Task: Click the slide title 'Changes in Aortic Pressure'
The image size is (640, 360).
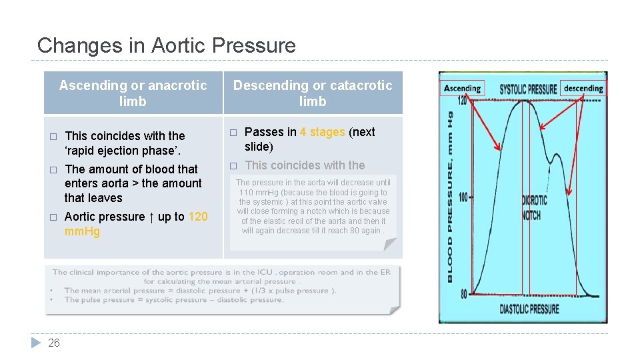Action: coord(166,45)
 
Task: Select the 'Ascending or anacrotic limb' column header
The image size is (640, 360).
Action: coord(133,93)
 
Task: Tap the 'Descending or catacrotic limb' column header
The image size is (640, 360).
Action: coord(313,93)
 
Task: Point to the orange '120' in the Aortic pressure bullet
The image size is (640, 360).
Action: coord(198,217)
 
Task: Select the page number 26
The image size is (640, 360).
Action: coord(54,343)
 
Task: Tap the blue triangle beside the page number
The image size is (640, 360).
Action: coord(37,343)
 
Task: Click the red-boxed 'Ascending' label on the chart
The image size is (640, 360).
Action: coord(462,88)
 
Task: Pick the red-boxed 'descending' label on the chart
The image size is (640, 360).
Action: coord(583,88)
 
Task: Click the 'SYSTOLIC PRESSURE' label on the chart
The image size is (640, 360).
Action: coord(528,89)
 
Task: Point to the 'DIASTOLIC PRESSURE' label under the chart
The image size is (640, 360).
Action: coord(529,309)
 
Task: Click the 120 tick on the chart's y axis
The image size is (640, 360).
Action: coord(462,101)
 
